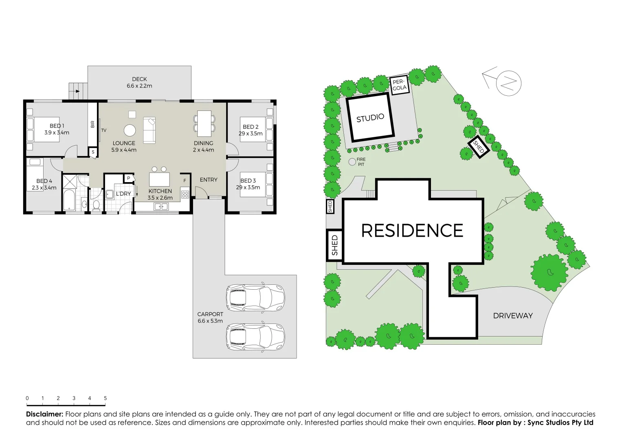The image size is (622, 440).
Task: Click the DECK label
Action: click(139, 79)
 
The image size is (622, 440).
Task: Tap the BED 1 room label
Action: click(57, 126)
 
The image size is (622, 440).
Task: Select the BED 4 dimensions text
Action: click(44, 188)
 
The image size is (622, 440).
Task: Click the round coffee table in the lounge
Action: click(130, 130)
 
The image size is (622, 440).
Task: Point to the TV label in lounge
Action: click(104, 130)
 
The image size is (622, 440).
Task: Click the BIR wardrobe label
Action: click(92, 124)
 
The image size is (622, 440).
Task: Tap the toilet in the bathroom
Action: click(97, 205)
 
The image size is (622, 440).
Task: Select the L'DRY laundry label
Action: click(123, 194)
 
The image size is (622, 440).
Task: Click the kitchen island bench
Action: click(159, 179)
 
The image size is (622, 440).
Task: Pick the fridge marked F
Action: click(185, 180)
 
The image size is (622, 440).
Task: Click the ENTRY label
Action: click(209, 180)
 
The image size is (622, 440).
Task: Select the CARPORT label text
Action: click(210, 314)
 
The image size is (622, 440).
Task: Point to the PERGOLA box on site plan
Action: click(400, 85)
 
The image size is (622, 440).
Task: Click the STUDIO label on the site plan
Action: click(370, 118)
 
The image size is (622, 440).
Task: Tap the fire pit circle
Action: click(352, 162)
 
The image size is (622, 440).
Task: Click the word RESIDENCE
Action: click(412, 231)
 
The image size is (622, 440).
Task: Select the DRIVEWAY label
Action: click(513, 316)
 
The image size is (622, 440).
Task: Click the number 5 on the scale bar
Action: click(105, 398)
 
